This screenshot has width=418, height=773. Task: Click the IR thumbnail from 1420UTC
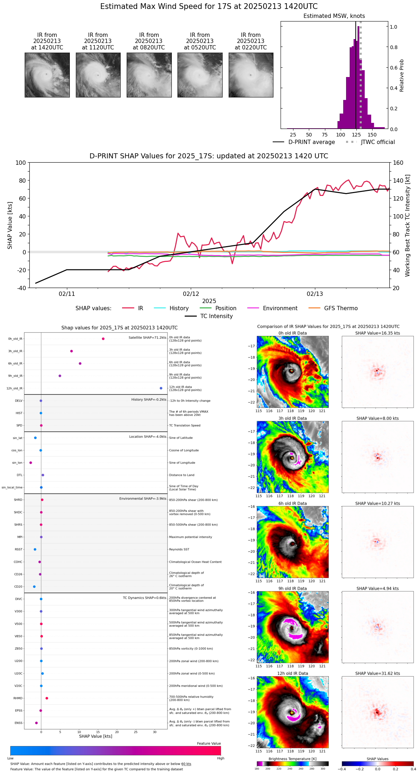point(47,75)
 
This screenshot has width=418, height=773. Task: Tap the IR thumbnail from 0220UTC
point(251,75)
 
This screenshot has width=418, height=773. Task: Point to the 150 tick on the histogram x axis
point(372,135)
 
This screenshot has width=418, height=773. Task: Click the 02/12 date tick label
point(191,294)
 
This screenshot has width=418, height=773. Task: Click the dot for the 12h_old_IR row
point(161,388)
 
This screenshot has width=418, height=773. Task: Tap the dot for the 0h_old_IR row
point(103,339)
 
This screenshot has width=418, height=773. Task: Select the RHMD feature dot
point(47,698)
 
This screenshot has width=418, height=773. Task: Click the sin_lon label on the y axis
point(17,463)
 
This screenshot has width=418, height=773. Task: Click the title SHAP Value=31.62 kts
point(378,673)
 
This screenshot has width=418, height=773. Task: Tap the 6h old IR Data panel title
point(292,503)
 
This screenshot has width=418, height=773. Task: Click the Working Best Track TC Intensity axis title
point(408,226)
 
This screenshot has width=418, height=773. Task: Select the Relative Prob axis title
point(402,76)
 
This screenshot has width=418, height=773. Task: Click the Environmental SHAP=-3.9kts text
point(143,499)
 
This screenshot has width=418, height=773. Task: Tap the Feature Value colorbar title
point(209,744)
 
